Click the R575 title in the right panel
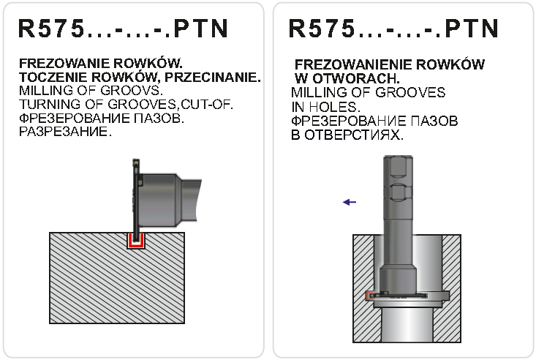tap(393, 29)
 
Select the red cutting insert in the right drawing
tap(369, 296)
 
